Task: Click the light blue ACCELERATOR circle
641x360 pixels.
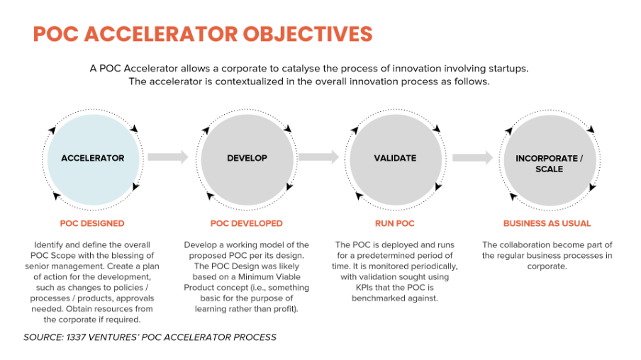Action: [93, 159]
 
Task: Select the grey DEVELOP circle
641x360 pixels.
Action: [247, 159]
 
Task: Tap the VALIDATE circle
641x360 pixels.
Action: [396, 159]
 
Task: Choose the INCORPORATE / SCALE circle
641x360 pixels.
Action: [550, 159]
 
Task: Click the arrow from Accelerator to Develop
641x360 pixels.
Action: [168, 157]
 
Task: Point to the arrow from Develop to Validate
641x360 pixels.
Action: [319, 157]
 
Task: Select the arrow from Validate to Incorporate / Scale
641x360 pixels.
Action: [472, 157]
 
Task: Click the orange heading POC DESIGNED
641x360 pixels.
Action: [92, 223]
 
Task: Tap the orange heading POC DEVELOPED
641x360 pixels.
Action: [247, 223]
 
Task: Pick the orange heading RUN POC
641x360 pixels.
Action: [395, 223]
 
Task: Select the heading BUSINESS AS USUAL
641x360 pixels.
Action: [547, 223]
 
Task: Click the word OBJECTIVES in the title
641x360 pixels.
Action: [308, 34]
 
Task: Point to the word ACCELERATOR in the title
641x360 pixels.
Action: [161, 34]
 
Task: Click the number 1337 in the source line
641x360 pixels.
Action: [76, 337]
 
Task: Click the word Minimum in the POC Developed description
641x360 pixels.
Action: [257, 276]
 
